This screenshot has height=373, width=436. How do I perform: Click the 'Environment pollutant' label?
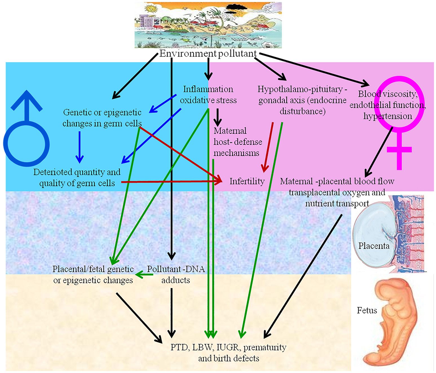click(208, 53)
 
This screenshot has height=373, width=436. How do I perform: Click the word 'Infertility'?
click(247, 181)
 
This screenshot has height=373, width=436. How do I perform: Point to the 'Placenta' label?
click(374, 246)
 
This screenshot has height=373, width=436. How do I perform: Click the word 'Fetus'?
click(367, 310)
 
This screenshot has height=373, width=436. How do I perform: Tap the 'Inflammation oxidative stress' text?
click(208, 95)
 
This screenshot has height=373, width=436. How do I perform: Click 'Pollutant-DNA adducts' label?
click(176, 274)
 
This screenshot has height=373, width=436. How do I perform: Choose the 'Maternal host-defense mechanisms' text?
click(237, 142)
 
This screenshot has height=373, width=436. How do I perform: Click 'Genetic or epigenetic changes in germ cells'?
click(102, 118)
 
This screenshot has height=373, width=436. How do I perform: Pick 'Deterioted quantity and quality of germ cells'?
click(77, 178)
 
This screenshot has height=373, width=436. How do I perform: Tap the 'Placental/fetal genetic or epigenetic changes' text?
click(93, 274)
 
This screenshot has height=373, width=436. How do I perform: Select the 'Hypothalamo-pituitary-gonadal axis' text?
click(302, 100)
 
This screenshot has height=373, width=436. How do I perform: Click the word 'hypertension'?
click(388, 116)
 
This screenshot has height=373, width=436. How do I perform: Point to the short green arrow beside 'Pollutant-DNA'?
click(144, 274)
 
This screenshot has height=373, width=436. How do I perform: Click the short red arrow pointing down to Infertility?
click(268, 147)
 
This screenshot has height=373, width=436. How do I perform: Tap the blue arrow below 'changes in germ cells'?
click(80, 147)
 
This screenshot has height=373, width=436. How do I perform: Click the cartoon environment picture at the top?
click(208, 25)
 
